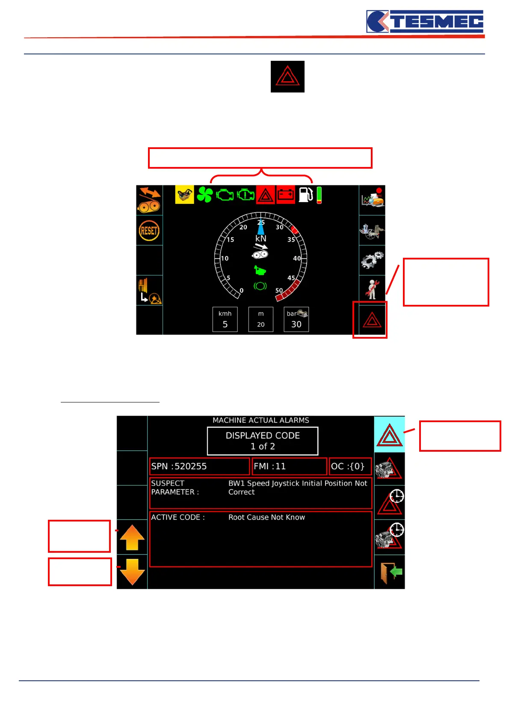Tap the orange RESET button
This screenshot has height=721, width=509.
149,231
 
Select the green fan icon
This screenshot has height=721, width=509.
204,195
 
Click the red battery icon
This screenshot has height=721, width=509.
286,195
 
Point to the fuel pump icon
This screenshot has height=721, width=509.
305,195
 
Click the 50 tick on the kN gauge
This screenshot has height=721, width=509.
279,290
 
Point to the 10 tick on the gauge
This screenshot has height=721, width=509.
225,258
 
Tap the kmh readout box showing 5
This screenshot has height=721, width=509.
225,319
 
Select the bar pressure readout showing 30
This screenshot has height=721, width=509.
296,319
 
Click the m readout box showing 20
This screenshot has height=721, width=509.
261,319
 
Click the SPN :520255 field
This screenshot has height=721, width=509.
199,466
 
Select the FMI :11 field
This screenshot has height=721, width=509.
289,466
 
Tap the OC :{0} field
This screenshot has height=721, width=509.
350,466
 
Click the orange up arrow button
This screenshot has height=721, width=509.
132,537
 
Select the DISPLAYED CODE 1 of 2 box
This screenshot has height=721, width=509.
263,441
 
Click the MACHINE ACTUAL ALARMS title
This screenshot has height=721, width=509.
261,420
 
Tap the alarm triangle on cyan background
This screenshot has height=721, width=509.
389,435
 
